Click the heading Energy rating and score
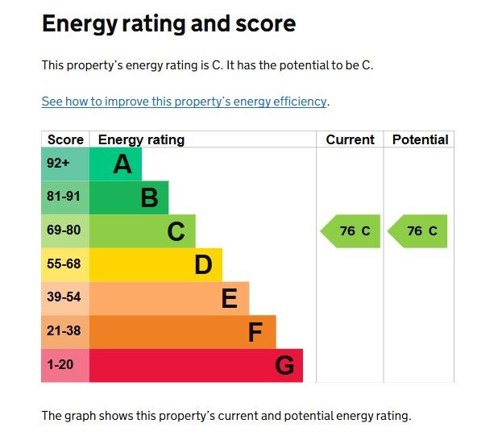tap(168, 24)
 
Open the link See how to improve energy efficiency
tap(185, 102)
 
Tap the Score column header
tap(65, 139)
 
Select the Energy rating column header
tap(141, 139)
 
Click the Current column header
tap(350, 139)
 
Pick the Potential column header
tap(420, 139)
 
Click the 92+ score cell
tap(58, 164)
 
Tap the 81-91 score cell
tap(64, 197)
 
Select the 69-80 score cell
tap(64, 230)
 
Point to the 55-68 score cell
tap(64, 264)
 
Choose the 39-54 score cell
tap(64, 297)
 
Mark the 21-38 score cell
tap(64, 331)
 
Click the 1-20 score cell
tap(60, 365)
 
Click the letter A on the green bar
tap(122, 164)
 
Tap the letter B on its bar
tap(149, 197)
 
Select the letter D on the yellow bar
tap(203, 264)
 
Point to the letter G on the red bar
tap(284, 365)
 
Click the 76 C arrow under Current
tap(351, 231)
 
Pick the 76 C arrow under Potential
tap(418, 231)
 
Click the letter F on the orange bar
tap(255, 331)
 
